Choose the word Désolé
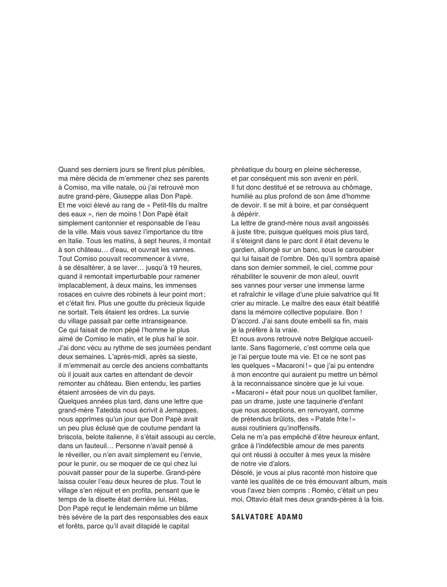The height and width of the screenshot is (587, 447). [x=242, y=473]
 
